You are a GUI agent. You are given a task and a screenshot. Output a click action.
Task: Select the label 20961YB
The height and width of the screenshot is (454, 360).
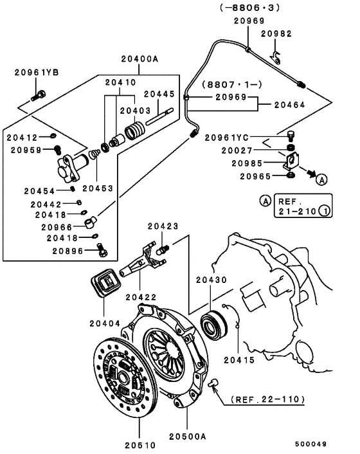tap(37, 73)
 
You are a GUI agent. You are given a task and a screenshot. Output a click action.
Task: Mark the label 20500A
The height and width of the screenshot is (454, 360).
tap(188, 437)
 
